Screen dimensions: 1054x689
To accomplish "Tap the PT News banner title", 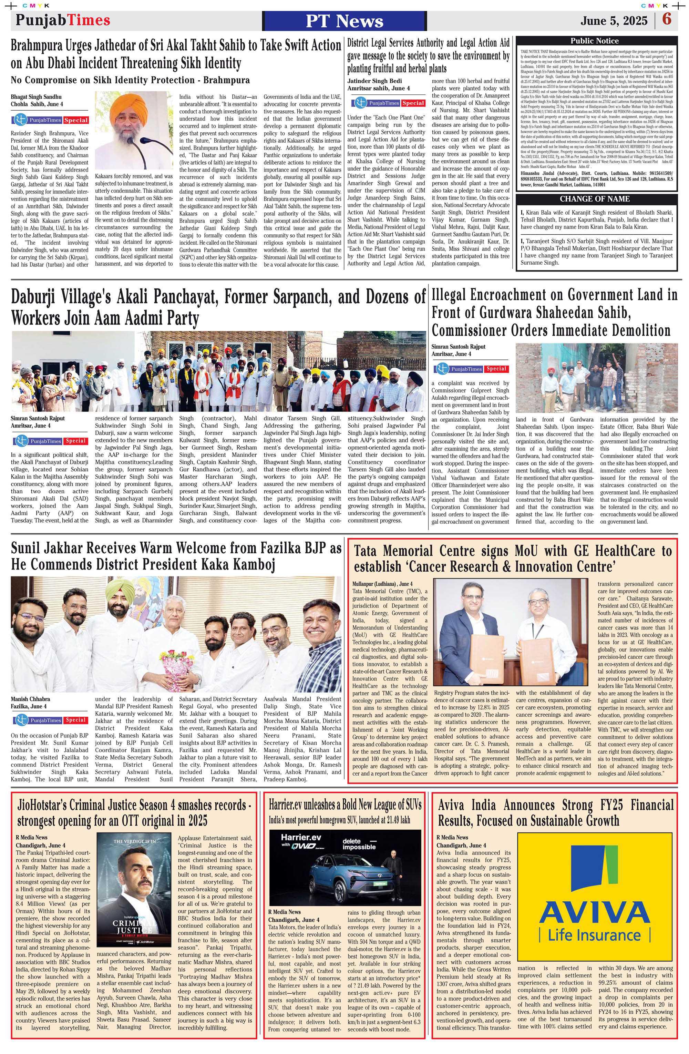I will pyautogui.click(x=344, y=21).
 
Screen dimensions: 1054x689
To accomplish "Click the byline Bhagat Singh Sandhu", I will pyautogui.click(x=36, y=97).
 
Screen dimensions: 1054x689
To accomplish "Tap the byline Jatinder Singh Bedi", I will pyautogui.click(x=374, y=81).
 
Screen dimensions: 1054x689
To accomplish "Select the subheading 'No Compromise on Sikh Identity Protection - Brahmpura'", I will pyautogui.click(x=130, y=80).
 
